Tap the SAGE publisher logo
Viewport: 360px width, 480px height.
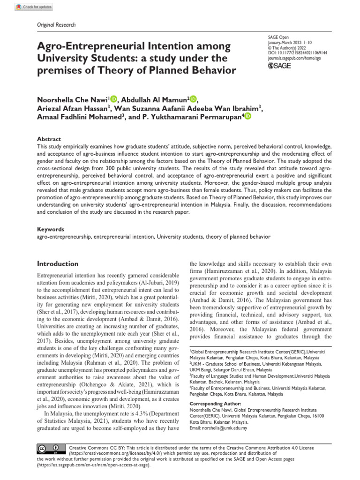click(278, 66)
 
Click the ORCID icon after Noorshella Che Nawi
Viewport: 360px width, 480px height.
click(114, 99)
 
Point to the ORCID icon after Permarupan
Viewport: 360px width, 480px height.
click(247, 116)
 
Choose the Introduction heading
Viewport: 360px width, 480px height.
click(58, 264)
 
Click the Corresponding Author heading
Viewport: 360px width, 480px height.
click(215, 404)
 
